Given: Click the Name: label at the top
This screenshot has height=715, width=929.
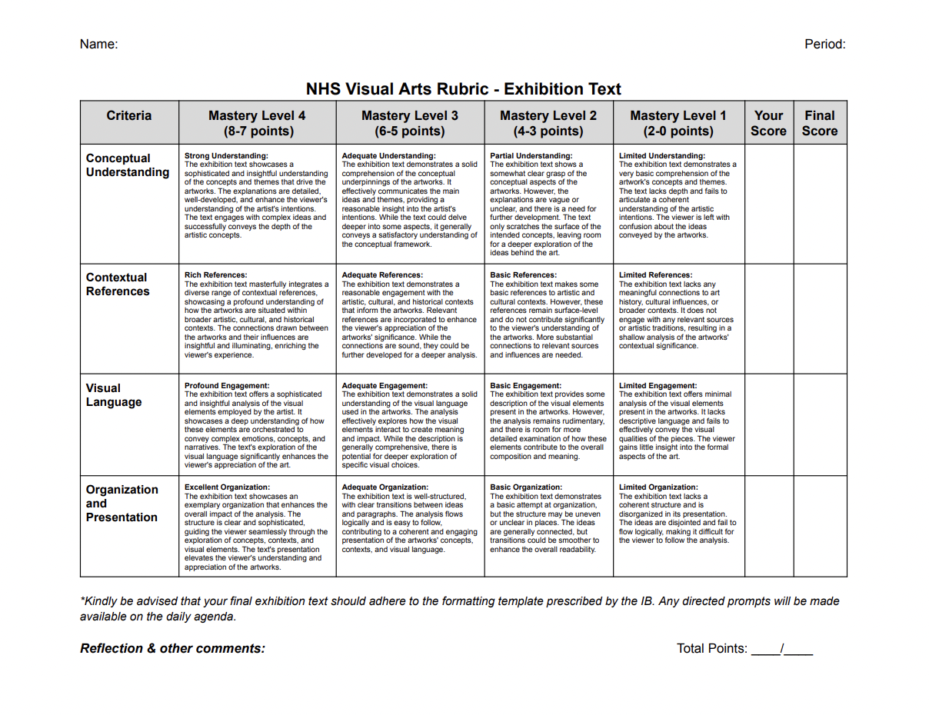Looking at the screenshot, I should [x=98, y=44].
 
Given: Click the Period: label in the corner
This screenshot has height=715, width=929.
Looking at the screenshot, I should [x=825, y=44].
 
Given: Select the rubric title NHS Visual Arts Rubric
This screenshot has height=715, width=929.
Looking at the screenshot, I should [x=463, y=88].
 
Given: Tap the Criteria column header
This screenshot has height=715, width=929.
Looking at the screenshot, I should [x=129, y=116].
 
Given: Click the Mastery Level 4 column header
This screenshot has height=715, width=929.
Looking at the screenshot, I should [x=257, y=123].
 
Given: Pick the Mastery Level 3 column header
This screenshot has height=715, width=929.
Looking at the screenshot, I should [x=410, y=123].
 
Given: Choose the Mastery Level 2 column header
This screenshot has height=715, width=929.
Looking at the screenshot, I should [x=548, y=123].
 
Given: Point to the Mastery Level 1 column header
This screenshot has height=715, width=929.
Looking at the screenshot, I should [x=678, y=123].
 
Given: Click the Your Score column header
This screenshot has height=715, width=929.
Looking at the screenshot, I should [x=768, y=123].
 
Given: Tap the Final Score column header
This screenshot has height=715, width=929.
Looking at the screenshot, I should [x=820, y=123].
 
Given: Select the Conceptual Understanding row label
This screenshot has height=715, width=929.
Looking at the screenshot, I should [x=128, y=165].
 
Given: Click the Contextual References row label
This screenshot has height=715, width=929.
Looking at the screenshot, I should [x=118, y=284].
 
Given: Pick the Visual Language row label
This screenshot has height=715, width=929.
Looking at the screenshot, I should [x=114, y=395].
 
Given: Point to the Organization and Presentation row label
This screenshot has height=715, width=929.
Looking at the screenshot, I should [x=122, y=504].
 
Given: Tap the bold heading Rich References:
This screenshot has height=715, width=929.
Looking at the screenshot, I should [x=216, y=274].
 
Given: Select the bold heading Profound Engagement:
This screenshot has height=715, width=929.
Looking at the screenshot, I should [x=227, y=385].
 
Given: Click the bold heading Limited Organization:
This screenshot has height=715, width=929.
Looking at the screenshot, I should [x=658, y=487].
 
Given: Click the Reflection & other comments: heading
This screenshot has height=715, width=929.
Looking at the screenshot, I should [x=172, y=648].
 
